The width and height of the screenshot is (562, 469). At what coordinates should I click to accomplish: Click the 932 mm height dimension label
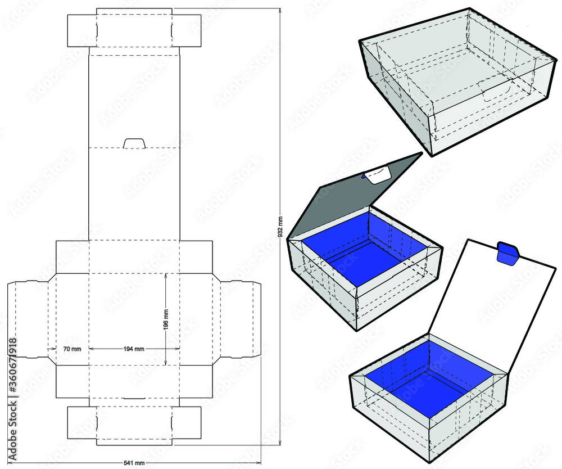click(x=280, y=227)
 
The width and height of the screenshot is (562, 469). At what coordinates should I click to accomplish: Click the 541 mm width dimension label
click(x=134, y=463)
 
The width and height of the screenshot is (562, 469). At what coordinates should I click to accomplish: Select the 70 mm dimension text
click(x=72, y=349)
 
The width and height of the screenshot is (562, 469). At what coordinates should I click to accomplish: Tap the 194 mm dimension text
click(x=134, y=349)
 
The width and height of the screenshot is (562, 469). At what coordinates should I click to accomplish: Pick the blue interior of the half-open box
click(x=365, y=247)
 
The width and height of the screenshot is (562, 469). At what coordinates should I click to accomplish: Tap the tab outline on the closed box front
click(x=495, y=90)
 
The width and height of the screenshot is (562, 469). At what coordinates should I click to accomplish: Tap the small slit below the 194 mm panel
click(x=134, y=398)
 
